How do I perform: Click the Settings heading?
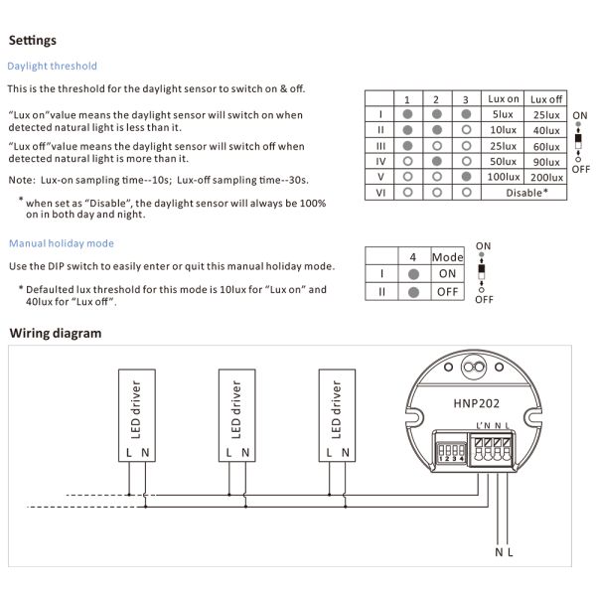tap(33, 41)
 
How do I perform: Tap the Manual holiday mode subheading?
tap(62, 243)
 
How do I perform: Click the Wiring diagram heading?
tap(56, 333)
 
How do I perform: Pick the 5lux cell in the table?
tap(504, 114)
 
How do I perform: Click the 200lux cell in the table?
tap(546, 176)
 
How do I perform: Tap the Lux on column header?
tap(504, 99)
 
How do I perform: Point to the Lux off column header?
tap(546, 99)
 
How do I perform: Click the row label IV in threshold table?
tap(380, 161)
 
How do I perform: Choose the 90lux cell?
tap(546, 161)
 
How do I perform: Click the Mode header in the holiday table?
tap(448, 256)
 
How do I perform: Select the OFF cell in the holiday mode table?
tap(448, 292)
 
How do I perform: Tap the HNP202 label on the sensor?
tap(475, 403)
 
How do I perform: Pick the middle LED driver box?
tap(236, 417)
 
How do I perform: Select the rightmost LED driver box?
tap(337, 417)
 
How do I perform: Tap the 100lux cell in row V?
tap(504, 176)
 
